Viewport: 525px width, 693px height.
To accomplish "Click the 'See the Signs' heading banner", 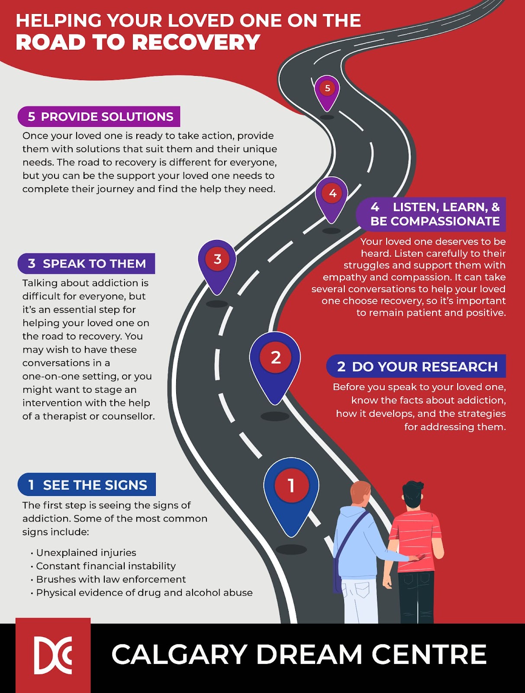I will pos(87,485).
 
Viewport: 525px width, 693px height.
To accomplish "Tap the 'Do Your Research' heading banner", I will pos(416,366).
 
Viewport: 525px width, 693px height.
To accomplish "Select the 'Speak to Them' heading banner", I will pos(87,263).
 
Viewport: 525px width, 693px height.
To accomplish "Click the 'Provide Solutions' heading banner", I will pos(99,117).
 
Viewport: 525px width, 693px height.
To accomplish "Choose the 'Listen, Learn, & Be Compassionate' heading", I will pos(432,214).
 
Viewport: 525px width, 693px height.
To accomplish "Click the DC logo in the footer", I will pos(53,655).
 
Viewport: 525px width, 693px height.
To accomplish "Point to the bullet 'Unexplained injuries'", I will pos(86,553).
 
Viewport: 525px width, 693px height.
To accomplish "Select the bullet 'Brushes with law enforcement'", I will pos(111,580).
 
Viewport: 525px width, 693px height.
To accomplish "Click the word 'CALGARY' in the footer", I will pos(179,654).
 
